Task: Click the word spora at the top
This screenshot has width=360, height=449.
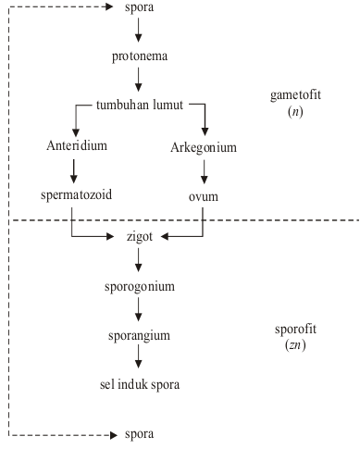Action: point(139,9)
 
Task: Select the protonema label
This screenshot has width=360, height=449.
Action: point(139,56)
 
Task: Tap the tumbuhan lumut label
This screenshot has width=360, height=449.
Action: point(139,104)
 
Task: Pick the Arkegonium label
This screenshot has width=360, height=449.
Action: point(205,147)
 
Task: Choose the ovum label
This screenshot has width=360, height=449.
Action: point(205,195)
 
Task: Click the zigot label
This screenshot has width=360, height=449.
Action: point(139,237)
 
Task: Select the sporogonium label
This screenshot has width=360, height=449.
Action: point(139,286)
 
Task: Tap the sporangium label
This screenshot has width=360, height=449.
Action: point(139,335)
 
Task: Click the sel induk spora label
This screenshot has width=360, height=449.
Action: point(139,384)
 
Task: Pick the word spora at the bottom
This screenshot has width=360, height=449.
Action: point(139,433)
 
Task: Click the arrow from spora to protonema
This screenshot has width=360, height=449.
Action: point(139,31)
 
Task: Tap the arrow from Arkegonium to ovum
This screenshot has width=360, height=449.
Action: point(205,171)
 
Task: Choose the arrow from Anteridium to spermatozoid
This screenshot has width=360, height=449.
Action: point(71,171)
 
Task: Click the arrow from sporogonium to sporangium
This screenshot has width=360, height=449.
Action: point(139,310)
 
